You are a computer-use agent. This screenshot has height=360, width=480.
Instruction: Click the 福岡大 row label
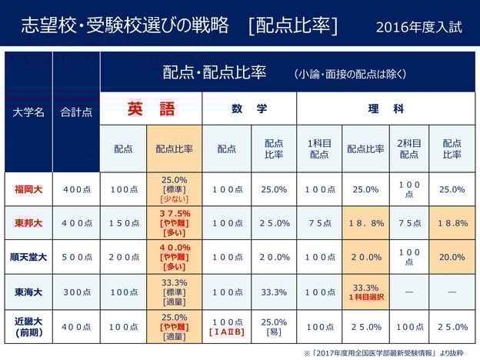28,189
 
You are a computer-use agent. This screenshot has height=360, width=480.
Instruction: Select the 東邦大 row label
28,223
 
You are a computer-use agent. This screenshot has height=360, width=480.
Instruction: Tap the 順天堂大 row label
28,257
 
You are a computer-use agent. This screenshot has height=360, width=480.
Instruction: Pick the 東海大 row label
28,292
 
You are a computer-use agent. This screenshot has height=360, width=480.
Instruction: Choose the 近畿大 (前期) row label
28,327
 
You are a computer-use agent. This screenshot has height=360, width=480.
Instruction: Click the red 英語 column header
151,109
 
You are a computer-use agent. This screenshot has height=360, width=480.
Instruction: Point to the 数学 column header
249,109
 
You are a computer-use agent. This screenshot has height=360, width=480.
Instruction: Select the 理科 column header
385,109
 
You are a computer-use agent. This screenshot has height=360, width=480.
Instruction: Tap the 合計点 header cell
76,112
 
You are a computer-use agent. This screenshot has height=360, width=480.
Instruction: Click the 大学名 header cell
28,112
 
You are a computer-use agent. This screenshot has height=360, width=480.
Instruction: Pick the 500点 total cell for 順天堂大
76,257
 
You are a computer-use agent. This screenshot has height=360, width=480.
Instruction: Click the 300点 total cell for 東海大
76,292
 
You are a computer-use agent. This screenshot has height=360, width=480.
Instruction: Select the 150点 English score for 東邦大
123,223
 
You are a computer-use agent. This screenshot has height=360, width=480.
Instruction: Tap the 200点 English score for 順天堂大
123,257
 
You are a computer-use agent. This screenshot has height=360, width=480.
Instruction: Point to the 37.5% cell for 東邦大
175,223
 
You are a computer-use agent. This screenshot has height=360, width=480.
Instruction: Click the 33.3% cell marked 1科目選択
366,292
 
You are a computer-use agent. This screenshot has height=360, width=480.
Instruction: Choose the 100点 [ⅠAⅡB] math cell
227,327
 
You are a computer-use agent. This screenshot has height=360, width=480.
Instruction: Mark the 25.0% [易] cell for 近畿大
274,327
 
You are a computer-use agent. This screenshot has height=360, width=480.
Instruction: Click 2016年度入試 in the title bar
419,27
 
